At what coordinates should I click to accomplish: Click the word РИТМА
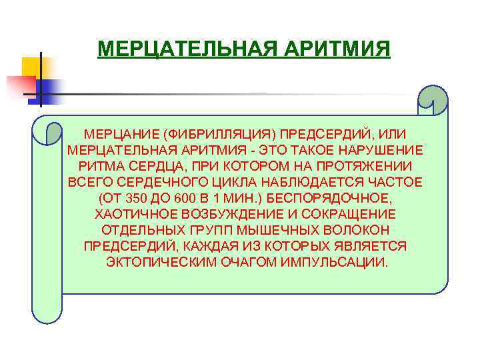[x=102, y=166]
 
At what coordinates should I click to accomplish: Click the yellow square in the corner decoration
[x=33, y=67]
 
